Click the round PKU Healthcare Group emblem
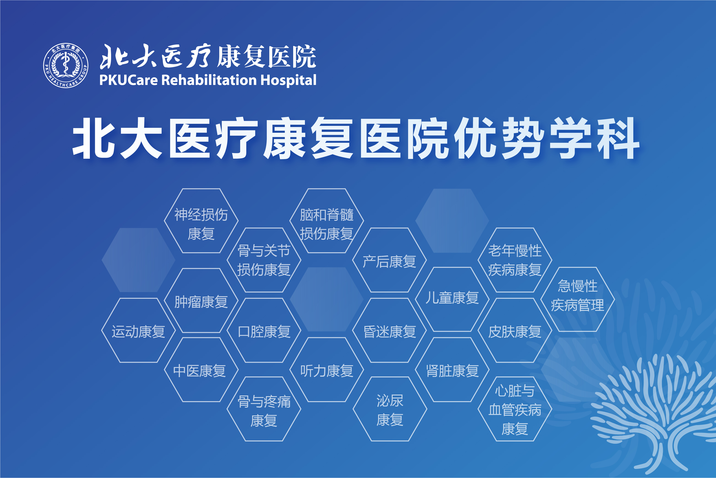tap(66, 66)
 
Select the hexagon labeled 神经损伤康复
tap(201, 221)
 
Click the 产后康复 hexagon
tap(390, 260)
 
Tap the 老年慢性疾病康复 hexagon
tap(515, 260)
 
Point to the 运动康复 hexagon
tap(138, 330)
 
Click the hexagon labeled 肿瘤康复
tap(201, 301)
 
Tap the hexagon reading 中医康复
tap(201, 370)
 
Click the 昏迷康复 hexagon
tap(390, 330)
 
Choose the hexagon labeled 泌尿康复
tap(390, 409)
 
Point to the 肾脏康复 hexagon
tap(452, 370)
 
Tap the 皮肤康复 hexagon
tap(515, 330)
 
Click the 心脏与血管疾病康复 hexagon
tap(515, 409)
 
